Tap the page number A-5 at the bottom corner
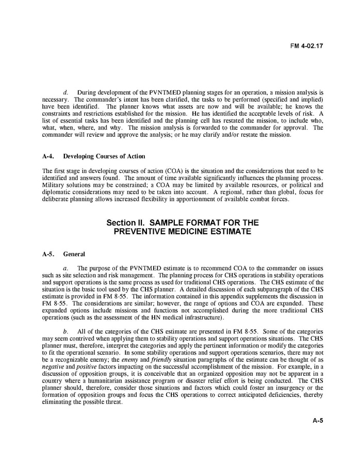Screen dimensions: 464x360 [318, 421]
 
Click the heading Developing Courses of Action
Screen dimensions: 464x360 [104, 156]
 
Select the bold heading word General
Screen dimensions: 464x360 [74, 254]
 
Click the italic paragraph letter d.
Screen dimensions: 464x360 [66, 92]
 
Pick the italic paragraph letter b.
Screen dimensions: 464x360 [66, 331]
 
